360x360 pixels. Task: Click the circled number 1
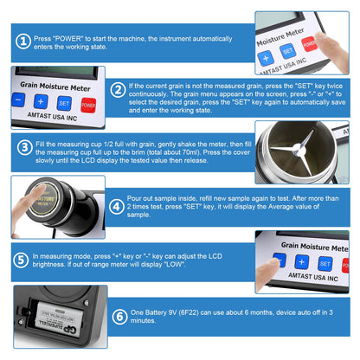(x=23, y=42)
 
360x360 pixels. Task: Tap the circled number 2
(x=119, y=90)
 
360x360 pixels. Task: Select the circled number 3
(x=25, y=147)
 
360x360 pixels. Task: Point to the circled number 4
(x=117, y=207)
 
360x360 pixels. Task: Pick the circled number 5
(x=21, y=260)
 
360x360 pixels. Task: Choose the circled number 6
(x=119, y=317)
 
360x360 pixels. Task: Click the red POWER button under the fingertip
(x=309, y=44)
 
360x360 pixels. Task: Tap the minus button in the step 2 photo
(x=18, y=100)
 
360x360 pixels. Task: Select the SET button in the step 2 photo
(x=64, y=103)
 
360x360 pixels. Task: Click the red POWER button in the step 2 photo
(x=88, y=105)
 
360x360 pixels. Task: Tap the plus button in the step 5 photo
(x=302, y=261)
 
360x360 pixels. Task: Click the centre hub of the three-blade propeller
(x=297, y=149)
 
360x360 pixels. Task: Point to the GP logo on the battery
(x=70, y=328)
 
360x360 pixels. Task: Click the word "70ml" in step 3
(x=190, y=152)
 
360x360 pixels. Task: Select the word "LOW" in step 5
(x=174, y=264)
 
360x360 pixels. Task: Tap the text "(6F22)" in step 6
(x=189, y=312)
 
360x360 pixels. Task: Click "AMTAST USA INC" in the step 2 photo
(x=52, y=116)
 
